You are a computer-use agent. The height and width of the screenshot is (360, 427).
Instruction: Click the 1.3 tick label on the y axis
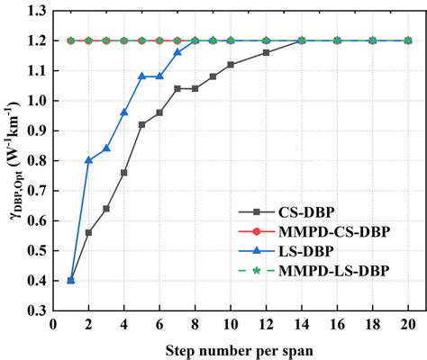pyautogui.click(x=37, y=11)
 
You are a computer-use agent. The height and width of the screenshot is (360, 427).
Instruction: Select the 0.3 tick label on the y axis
pyautogui.click(x=37, y=310)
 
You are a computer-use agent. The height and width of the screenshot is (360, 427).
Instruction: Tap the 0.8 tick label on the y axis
pyautogui.click(x=37, y=160)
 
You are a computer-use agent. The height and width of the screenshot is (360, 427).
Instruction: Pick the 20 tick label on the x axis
pyautogui.click(x=408, y=325)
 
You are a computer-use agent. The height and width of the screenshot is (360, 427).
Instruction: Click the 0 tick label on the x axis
pyautogui.click(x=53, y=325)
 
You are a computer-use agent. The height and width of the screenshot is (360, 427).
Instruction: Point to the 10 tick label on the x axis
pyautogui.click(x=231, y=325)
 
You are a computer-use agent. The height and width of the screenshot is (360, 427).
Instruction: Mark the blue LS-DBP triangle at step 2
pyautogui.click(x=88, y=160)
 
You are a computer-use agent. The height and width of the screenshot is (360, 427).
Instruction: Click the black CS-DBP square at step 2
pyautogui.click(x=88, y=232)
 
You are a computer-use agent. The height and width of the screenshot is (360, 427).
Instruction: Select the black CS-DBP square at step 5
pyautogui.click(x=141, y=124)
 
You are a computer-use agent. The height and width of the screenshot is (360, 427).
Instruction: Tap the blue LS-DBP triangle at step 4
pyautogui.click(x=124, y=112)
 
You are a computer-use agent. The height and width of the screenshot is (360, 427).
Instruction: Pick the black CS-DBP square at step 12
pyautogui.click(x=266, y=52)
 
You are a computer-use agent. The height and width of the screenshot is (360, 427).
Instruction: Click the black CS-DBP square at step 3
pyautogui.click(x=106, y=208)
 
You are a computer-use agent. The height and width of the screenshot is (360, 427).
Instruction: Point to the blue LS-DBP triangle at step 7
pyautogui.click(x=177, y=52)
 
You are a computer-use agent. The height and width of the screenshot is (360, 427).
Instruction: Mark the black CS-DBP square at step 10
pyautogui.click(x=231, y=65)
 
